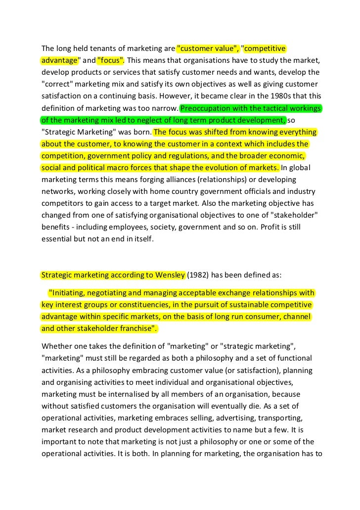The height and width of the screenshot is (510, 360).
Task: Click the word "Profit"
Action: [269, 227]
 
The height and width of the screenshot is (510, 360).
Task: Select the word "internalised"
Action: [116, 393]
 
